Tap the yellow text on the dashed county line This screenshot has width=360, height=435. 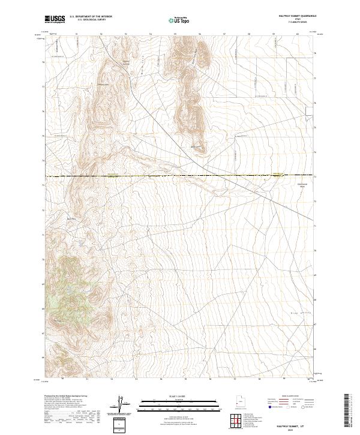(x=114, y=176)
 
